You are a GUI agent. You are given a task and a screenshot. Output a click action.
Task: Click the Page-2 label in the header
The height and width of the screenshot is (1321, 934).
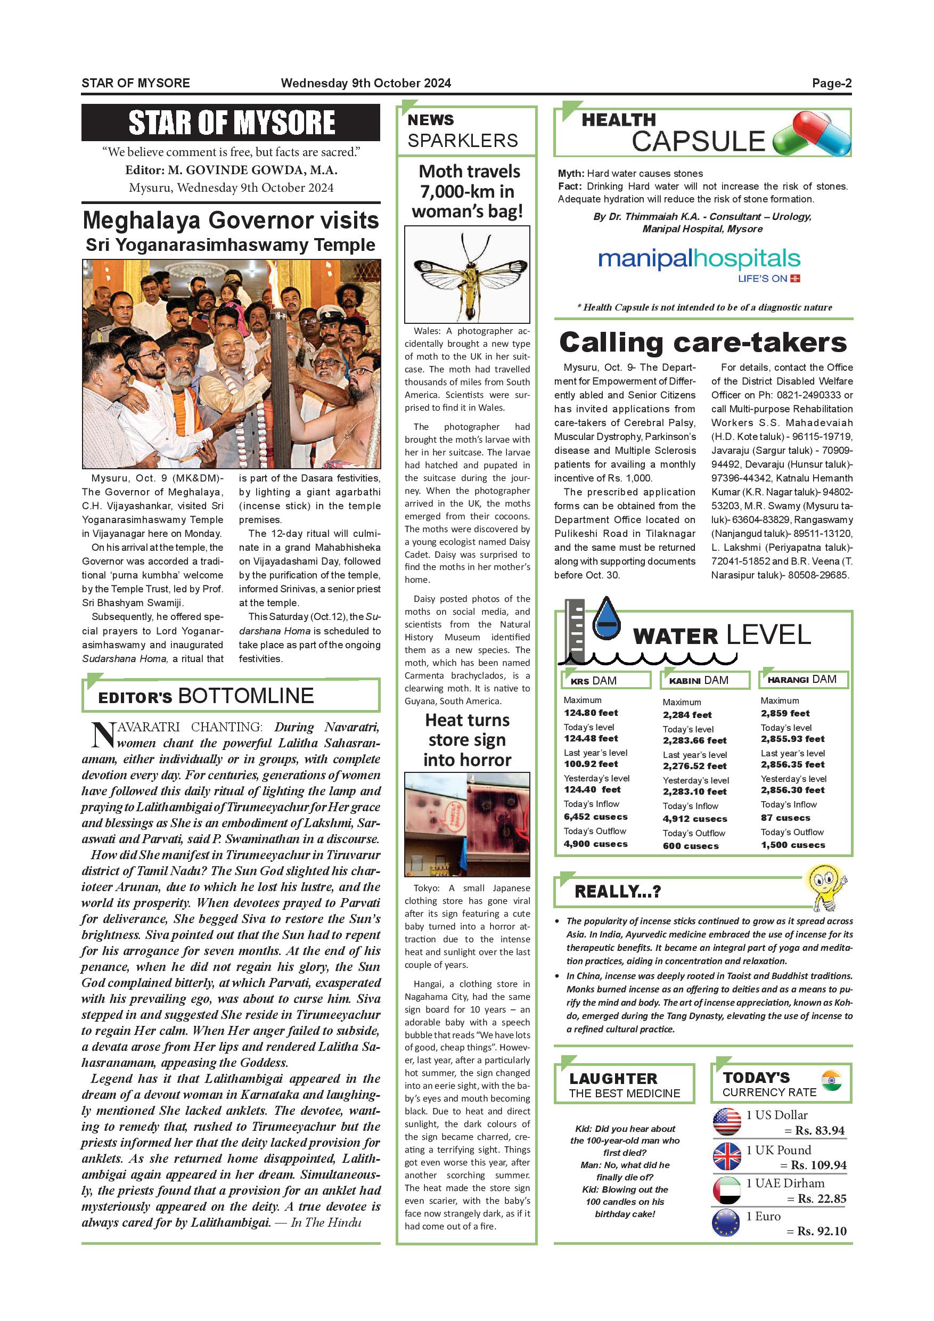pos(831,83)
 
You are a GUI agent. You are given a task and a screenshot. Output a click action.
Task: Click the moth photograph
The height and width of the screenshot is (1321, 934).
pos(467,274)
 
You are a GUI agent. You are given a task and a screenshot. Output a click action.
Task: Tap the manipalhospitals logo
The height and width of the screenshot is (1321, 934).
pos(699,260)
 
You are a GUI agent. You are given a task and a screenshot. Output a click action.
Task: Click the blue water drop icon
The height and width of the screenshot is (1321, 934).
pos(606,619)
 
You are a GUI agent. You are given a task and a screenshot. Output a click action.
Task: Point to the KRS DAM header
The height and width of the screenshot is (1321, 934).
pos(606,680)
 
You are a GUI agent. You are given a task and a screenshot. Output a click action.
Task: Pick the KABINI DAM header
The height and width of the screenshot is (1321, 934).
pos(704,680)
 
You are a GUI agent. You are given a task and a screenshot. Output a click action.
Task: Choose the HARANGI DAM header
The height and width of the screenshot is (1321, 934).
pos(803,680)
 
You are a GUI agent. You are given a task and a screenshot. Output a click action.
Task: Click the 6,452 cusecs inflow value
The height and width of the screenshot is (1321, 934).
pos(595,817)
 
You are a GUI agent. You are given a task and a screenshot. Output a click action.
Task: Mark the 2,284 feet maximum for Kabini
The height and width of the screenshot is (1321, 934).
pos(687,715)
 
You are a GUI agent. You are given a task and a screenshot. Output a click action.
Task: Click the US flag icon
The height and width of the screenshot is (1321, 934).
pos(727,1121)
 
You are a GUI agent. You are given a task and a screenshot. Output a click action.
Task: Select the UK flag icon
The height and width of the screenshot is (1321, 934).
pos(727,1156)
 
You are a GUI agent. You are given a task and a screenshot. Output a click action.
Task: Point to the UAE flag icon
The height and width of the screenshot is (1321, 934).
pos(727,1190)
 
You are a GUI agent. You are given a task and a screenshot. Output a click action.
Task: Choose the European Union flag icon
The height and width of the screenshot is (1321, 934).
pos(727,1223)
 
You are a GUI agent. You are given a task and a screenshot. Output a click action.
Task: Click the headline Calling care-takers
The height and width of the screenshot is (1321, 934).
pos(703,343)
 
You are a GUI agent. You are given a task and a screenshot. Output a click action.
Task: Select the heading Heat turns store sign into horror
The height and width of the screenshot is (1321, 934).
pos(467,740)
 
